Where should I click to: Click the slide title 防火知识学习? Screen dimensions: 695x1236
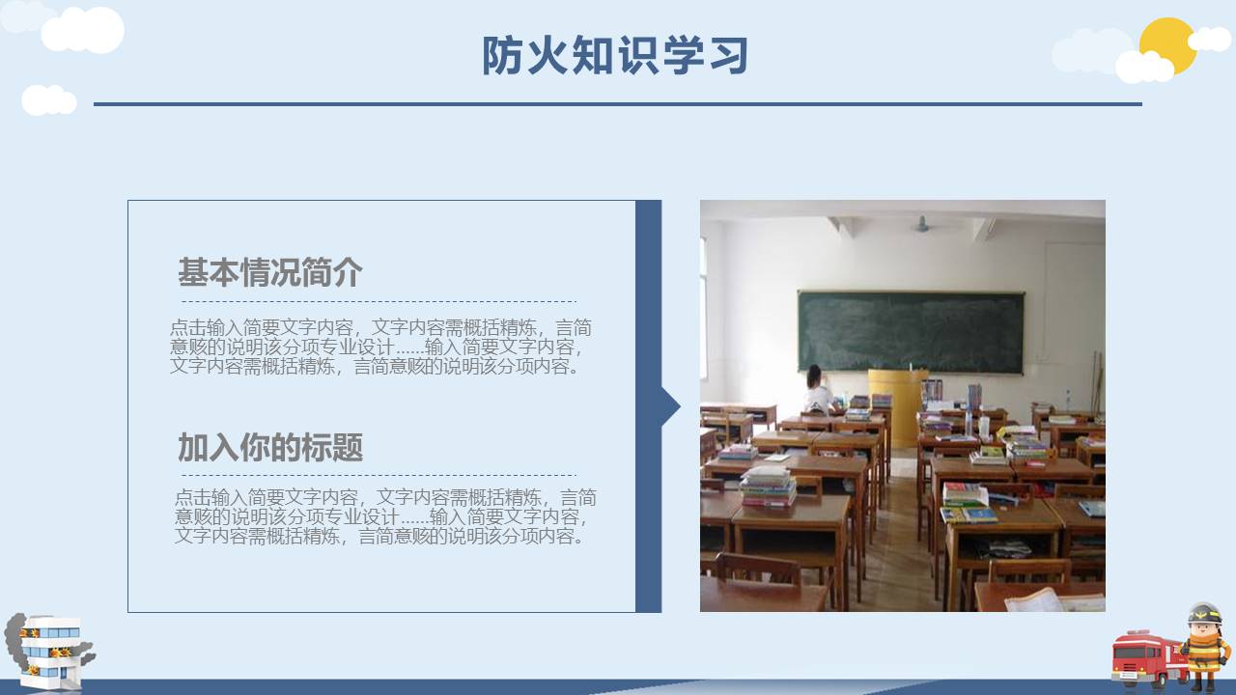(x=615, y=56)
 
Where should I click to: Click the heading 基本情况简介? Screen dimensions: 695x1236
(x=269, y=272)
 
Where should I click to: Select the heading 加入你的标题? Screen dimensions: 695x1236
(x=269, y=448)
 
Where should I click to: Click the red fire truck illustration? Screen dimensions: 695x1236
(x=1143, y=657)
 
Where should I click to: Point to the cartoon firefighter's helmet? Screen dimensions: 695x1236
(x=1204, y=614)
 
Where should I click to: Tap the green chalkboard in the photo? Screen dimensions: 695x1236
(x=911, y=331)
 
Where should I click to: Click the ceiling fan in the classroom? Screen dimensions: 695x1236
(x=922, y=225)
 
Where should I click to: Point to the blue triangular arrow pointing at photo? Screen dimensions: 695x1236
(x=670, y=406)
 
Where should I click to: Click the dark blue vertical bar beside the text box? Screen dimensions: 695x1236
(x=648, y=406)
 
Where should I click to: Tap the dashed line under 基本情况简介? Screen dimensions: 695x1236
(x=378, y=301)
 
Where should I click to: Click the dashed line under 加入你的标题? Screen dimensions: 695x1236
(x=378, y=475)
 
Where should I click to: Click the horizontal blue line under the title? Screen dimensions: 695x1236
(x=618, y=103)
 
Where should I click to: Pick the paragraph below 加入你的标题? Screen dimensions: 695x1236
(x=385, y=517)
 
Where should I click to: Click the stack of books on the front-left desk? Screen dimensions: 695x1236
(x=768, y=486)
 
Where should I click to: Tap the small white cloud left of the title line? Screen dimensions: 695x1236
(x=48, y=99)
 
